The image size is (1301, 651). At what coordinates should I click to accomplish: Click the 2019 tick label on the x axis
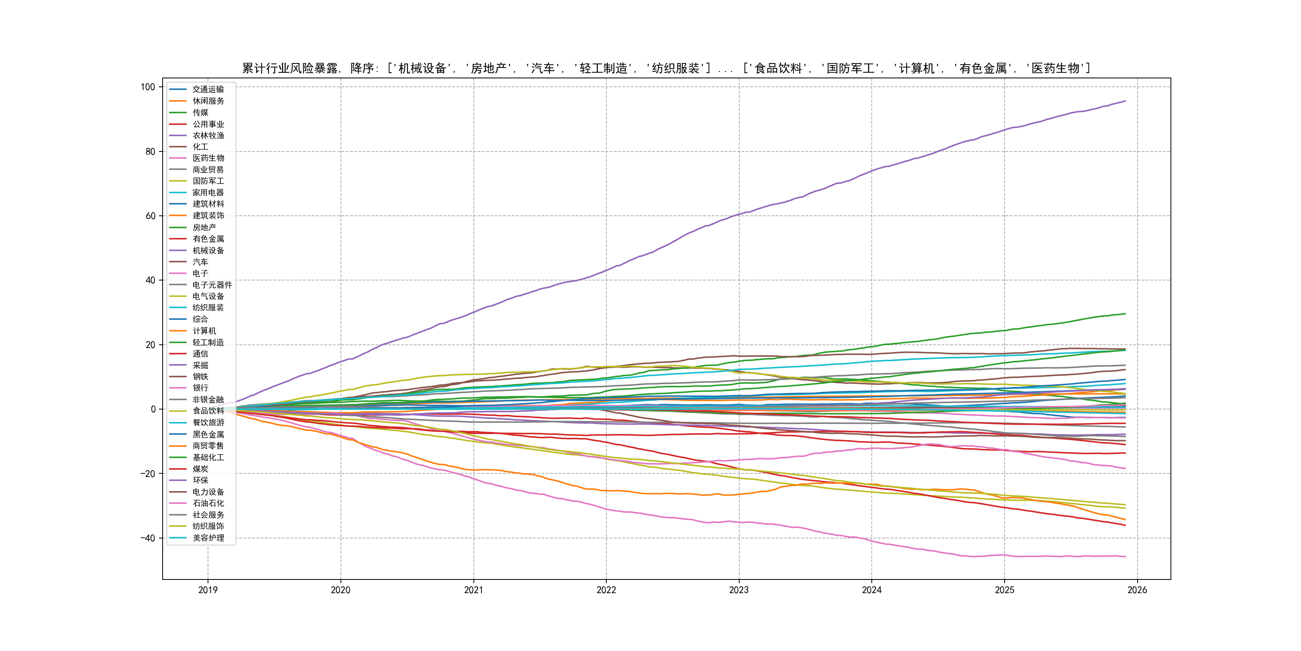tap(208, 590)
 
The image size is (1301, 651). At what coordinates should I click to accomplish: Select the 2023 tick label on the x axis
tap(739, 590)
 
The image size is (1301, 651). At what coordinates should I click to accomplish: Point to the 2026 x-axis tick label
tap(1137, 590)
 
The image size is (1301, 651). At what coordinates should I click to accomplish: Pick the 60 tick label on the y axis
tap(151, 216)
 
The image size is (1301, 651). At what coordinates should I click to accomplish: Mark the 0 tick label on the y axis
tap(153, 409)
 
